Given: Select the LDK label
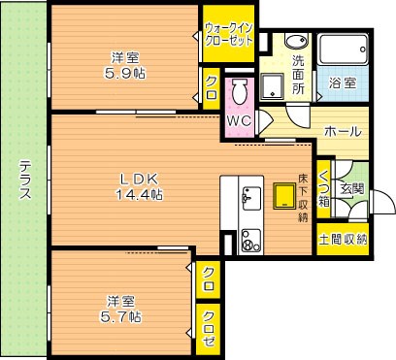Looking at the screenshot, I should pos(136,178).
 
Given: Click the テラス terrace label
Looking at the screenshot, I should pos(24,180).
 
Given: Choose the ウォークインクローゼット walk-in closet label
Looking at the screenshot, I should pos(228,35).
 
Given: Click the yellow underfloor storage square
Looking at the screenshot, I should pos(284,198).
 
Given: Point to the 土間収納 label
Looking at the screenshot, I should pos(343,238).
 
